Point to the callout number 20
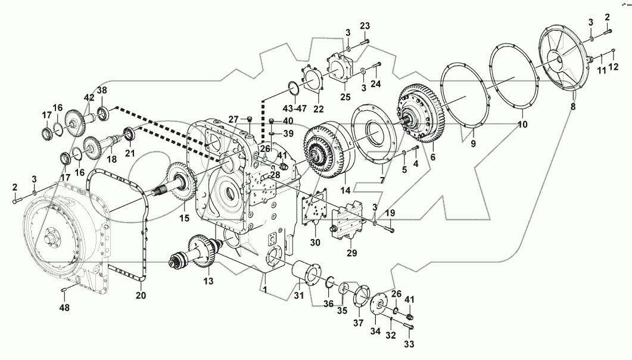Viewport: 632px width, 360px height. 141,295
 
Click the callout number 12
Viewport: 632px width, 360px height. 613,70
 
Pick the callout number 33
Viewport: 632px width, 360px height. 410,344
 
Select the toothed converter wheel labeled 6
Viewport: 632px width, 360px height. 423,117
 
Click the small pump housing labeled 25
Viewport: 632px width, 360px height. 343,71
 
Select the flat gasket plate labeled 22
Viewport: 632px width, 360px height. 312,83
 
